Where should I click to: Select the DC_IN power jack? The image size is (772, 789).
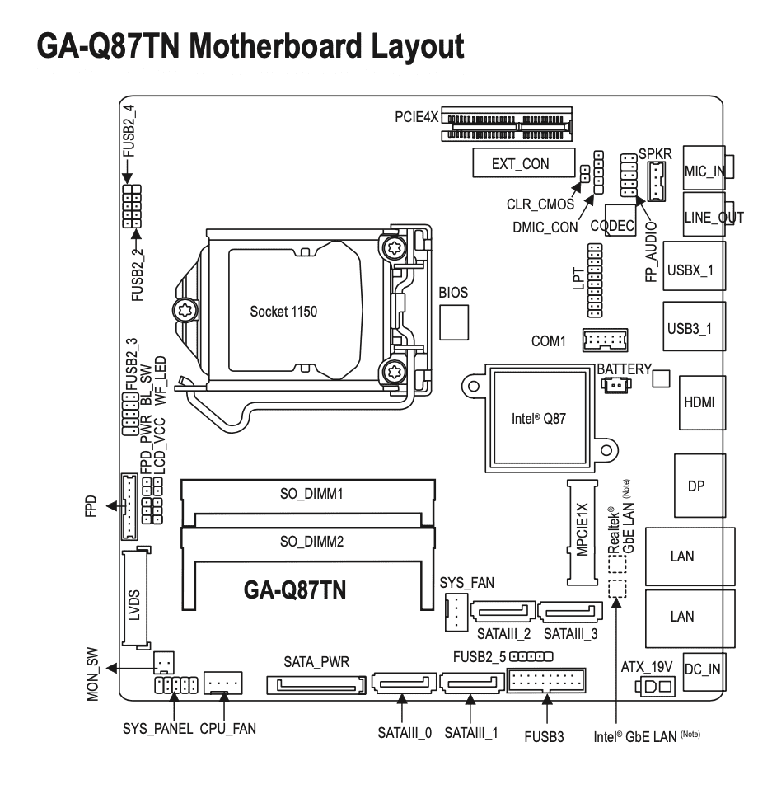(702, 669)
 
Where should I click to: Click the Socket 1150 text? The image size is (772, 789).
(283, 312)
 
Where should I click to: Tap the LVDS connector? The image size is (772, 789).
(137, 599)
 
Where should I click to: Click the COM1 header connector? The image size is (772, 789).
(605, 340)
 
